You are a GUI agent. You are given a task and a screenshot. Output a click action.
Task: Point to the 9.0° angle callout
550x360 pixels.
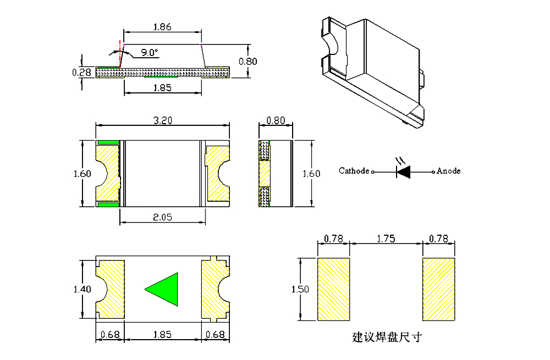pyautogui.click(x=148, y=53)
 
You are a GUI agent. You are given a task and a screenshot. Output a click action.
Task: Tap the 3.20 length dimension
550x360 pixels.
pyautogui.click(x=163, y=121)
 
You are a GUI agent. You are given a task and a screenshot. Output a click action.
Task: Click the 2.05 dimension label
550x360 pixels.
pyautogui.click(x=163, y=217)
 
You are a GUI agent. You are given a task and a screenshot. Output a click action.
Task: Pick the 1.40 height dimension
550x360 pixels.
pyautogui.click(x=82, y=289)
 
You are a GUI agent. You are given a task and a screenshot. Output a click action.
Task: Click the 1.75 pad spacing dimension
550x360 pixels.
pyautogui.click(x=386, y=239)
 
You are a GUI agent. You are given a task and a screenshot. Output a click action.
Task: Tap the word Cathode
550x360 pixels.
pyautogui.click(x=354, y=171)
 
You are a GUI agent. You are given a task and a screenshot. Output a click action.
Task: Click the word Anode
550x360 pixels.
pyautogui.click(x=448, y=171)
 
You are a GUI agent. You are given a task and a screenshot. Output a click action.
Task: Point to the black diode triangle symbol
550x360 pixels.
pyautogui.click(x=404, y=171)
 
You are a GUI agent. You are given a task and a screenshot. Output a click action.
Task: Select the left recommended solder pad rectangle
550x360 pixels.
pyautogui.click(x=334, y=289)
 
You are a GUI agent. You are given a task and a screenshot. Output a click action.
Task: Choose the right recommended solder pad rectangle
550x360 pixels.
pyautogui.click(x=439, y=289)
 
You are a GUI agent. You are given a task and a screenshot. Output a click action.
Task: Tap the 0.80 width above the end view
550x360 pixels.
pyautogui.click(x=275, y=121)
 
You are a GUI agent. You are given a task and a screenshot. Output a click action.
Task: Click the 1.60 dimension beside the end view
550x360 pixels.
pyautogui.click(x=311, y=174)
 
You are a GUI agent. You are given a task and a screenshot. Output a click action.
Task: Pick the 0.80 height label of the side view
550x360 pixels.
pyautogui.click(x=248, y=62)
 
